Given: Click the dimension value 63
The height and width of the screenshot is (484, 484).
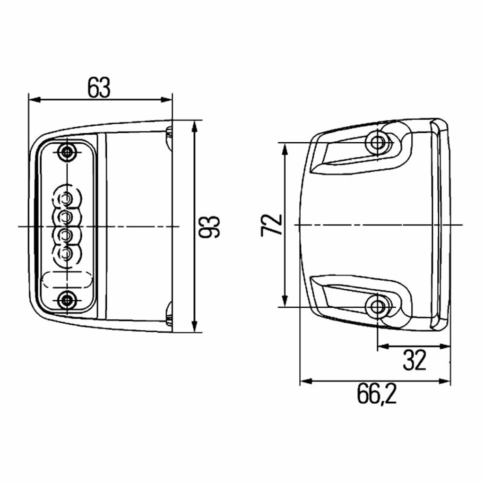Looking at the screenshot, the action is point(99,87).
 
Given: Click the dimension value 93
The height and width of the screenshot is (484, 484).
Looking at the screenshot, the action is point(209,227).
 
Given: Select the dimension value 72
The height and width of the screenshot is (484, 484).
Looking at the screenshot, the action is point(272,225).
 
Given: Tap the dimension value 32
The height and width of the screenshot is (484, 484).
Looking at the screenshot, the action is point(414,360).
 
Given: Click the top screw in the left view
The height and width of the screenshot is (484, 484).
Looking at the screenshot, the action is point(67,152).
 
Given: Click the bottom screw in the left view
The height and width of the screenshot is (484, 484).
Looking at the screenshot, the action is point(67,299).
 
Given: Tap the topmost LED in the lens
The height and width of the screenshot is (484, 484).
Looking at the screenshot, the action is point(66,198).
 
